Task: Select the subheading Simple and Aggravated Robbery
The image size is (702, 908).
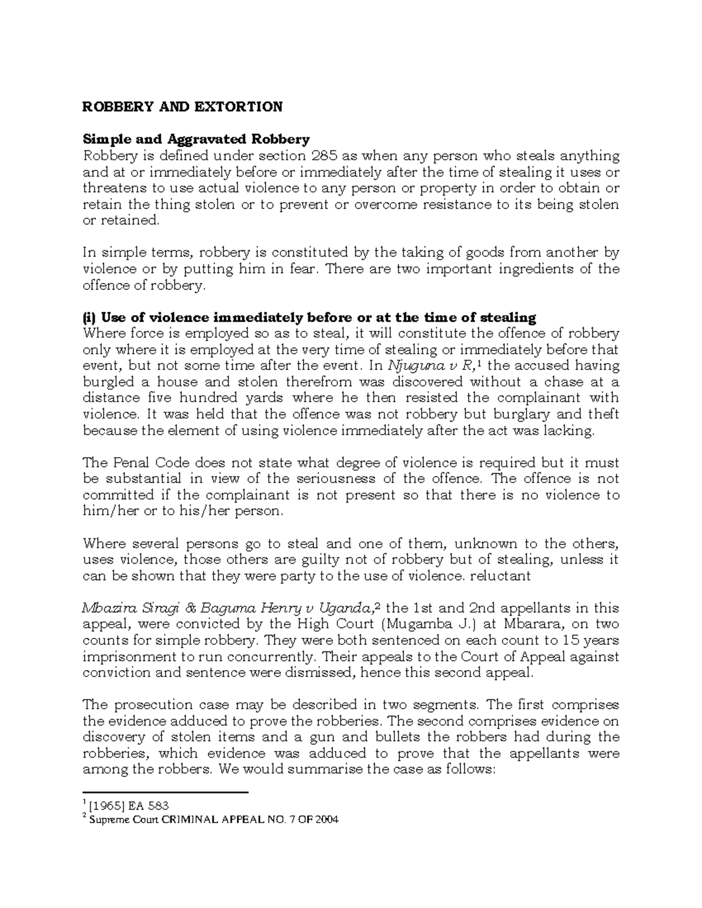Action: [x=196, y=139]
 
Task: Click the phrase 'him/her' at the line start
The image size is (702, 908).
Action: [x=106, y=511]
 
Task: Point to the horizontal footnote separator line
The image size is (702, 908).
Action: [x=166, y=793]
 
